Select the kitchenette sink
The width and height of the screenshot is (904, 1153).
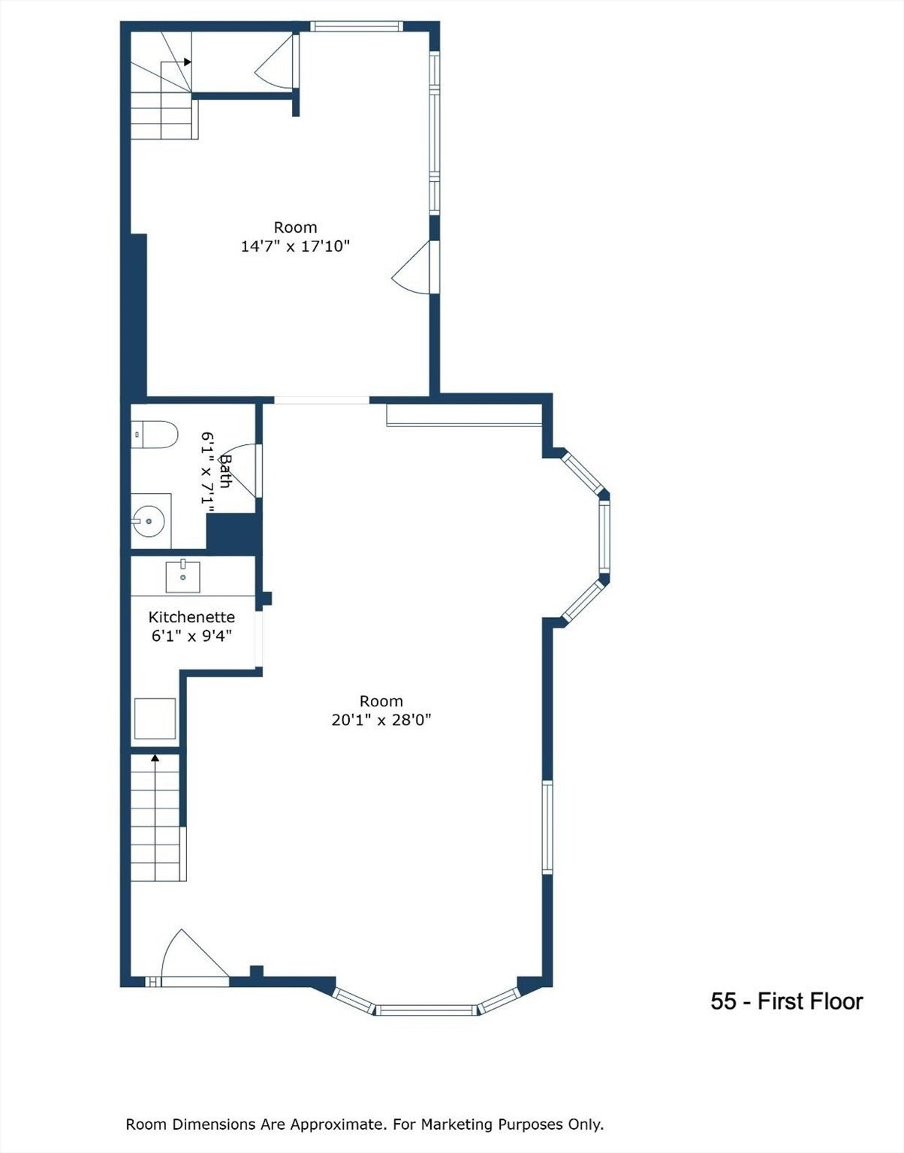[x=182, y=576]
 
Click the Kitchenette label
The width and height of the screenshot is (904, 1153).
[x=191, y=617]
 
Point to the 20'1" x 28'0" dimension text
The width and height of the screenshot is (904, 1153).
[x=381, y=720]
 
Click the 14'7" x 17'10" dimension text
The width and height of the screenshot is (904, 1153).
[x=295, y=245]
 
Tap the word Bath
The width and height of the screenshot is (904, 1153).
[x=225, y=471]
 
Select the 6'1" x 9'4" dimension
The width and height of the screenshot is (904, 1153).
[x=191, y=636]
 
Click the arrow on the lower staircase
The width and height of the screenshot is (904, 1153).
[x=155, y=758]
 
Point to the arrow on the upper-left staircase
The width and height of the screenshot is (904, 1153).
[x=187, y=62]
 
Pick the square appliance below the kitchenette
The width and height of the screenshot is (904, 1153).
[x=155, y=718]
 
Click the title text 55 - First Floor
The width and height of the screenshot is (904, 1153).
[x=786, y=1001]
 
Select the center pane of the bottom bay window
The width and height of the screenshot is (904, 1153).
[x=426, y=1010]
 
